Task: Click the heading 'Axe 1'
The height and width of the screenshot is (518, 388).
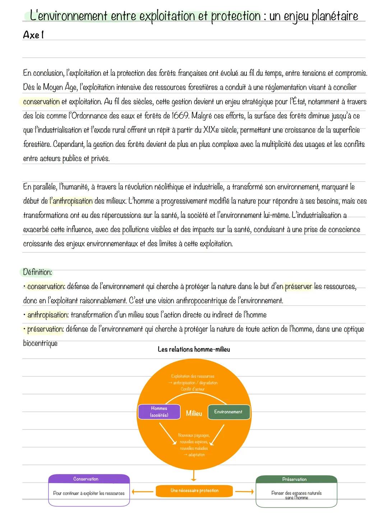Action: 33,35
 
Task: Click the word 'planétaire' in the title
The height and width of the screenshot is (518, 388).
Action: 335,16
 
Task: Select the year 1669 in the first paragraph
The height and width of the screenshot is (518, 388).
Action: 180,116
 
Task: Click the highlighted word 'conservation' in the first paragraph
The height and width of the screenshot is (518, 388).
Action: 41,102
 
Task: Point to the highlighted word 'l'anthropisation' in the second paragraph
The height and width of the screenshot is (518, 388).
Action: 71,201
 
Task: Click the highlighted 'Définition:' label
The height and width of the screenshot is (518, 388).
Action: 37,272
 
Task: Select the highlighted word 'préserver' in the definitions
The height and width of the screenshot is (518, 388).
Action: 299,287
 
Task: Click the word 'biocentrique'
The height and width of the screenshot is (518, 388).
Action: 40,343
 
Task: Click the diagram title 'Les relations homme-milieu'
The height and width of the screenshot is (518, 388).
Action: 194,350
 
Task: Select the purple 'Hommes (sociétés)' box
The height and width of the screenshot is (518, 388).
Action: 159,412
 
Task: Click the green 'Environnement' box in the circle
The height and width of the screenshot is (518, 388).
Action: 228,412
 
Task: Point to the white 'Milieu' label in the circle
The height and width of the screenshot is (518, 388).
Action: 194,414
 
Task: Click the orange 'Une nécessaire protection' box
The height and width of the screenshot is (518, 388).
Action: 194,491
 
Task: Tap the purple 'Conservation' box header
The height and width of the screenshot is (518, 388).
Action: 86,479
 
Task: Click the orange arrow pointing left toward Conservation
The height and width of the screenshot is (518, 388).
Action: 142,491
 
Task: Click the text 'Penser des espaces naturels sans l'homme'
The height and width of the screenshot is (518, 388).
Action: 296,495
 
